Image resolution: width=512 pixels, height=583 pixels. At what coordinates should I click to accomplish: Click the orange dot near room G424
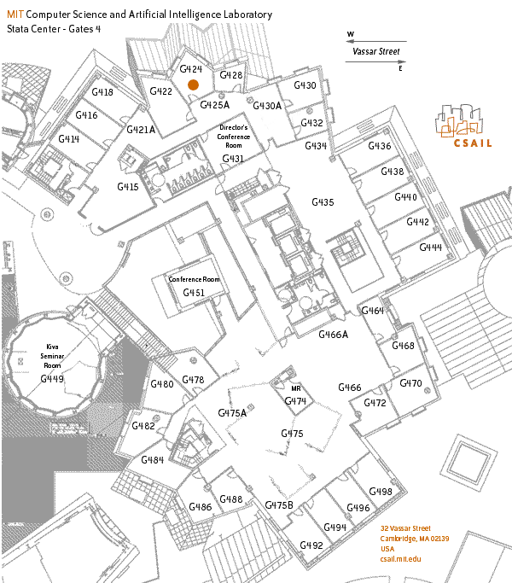(194, 85)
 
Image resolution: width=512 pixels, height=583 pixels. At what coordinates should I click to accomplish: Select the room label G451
(194, 293)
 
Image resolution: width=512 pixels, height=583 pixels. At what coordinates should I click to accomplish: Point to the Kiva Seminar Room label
(53, 356)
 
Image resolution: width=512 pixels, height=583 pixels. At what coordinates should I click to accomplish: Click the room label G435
(323, 202)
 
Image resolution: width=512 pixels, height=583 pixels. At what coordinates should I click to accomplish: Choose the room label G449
(52, 378)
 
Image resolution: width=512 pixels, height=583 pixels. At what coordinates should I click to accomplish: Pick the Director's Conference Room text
(234, 136)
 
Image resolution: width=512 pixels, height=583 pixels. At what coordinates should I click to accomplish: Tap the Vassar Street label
(376, 51)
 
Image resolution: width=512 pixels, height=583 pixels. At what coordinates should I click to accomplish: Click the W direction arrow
(375, 39)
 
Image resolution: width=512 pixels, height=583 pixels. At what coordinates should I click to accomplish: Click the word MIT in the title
(15, 15)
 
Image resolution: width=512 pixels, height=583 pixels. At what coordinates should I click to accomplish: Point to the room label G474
(294, 400)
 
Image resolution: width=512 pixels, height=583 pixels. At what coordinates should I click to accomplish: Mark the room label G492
(311, 545)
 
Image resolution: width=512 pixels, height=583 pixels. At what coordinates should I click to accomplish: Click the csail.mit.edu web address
(401, 558)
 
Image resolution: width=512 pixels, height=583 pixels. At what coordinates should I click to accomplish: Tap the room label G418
(102, 92)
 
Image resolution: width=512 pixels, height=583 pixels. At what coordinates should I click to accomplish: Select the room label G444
(430, 247)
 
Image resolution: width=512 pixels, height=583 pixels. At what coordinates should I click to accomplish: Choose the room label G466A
(334, 335)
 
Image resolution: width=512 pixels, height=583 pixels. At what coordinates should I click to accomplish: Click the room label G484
(153, 460)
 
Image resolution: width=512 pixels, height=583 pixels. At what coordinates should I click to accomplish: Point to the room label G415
(128, 186)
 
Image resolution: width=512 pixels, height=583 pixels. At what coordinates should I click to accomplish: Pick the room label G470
(410, 383)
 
